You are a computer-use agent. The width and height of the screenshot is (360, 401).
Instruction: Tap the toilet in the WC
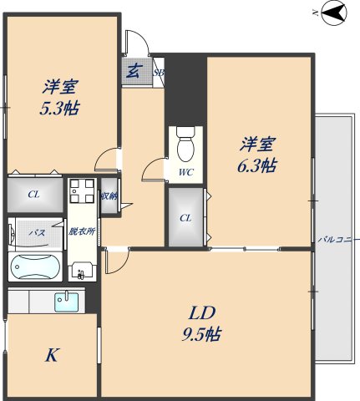[185, 146]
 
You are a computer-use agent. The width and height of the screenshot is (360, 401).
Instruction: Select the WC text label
[185, 173]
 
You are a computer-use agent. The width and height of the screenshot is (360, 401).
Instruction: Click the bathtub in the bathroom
[34, 267]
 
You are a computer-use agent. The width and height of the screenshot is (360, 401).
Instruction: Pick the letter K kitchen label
[51, 356]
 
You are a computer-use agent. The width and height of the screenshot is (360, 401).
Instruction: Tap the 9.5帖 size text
[203, 335]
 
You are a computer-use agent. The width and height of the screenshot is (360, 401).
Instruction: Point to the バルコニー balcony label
[339, 240]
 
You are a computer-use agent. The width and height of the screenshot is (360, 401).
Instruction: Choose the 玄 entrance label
[133, 71]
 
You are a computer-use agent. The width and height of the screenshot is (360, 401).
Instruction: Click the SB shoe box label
[159, 73]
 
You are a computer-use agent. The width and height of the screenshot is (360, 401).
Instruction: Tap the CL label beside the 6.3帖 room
[185, 218]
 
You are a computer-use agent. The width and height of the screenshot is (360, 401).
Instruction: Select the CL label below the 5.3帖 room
[33, 195]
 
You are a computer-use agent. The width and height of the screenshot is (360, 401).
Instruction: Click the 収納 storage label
[109, 195]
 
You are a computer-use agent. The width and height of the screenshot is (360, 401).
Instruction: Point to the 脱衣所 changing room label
[81, 231]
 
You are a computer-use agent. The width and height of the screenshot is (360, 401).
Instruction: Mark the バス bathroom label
[36, 231]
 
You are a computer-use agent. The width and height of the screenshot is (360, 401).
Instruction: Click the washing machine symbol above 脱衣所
[81, 194]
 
